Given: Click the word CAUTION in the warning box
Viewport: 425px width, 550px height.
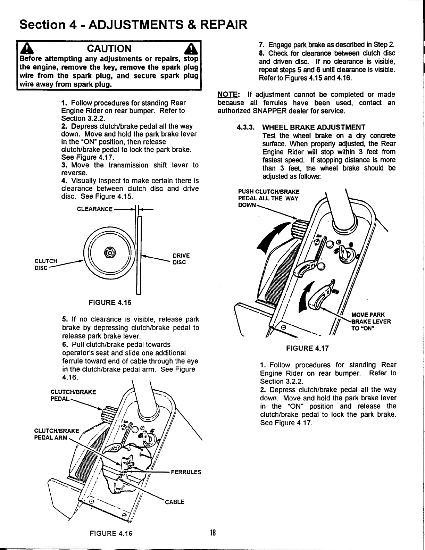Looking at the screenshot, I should [x=109, y=49].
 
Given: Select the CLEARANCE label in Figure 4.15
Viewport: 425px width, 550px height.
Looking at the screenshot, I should [x=94, y=209].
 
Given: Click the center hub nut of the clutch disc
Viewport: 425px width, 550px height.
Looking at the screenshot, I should [x=109, y=251].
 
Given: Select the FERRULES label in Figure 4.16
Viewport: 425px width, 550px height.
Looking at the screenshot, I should [x=186, y=472].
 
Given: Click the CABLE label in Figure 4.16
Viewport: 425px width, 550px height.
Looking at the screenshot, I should [x=174, y=502].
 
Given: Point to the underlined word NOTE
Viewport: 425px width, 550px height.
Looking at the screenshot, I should [x=228, y=95].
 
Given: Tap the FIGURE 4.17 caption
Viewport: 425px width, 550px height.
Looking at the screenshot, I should [x=307, y=348].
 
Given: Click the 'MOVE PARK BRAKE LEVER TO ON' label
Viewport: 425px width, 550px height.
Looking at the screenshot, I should [x=370, y=322].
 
